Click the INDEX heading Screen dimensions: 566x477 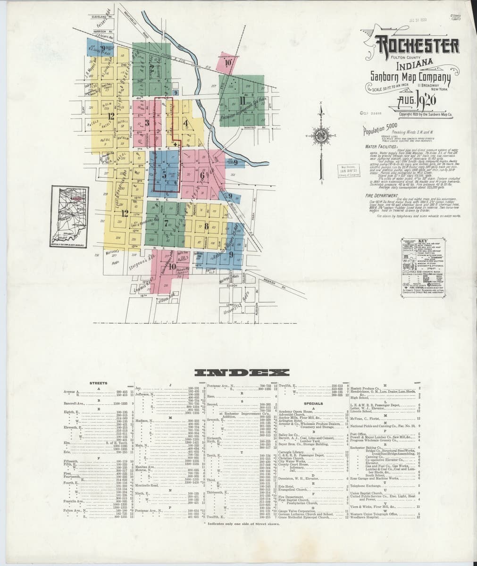coord(236,373)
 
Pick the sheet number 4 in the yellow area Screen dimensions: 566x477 coord(185,124)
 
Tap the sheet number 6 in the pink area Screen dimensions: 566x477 coord(202,176)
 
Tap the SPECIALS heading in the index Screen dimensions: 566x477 coord(313,404)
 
